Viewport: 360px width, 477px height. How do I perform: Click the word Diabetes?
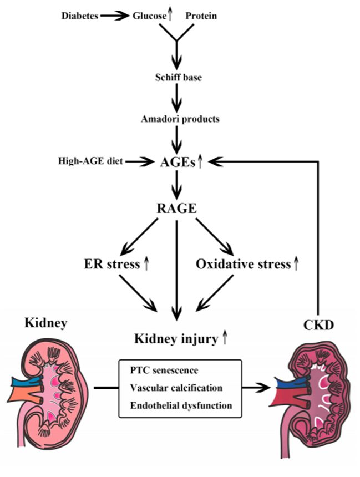coord(79,16)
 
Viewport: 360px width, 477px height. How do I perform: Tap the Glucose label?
coord(149,16)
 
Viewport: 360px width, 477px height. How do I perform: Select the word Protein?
coord(201,16)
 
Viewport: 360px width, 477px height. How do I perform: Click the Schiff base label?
coord(177,77)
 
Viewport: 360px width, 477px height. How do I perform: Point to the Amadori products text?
coord(177,119)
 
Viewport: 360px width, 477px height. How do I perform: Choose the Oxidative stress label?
coord(244,265)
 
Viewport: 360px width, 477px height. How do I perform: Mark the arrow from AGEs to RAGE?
coord(177,185)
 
